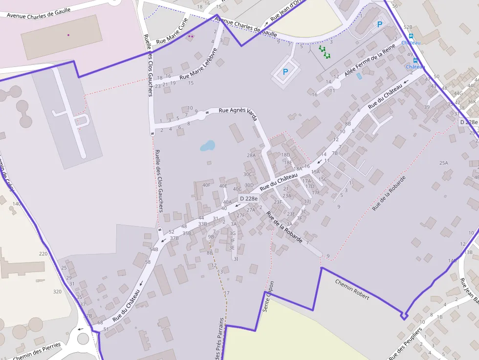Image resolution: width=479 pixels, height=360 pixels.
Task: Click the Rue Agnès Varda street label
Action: coord(238,111)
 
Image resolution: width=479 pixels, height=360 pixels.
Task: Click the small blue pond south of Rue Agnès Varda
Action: coord(207,146)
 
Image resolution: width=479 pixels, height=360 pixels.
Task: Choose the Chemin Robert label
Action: coord(352,289)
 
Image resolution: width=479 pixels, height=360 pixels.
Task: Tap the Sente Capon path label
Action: coord(268,296)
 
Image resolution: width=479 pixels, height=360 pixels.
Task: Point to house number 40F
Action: coord(207,185)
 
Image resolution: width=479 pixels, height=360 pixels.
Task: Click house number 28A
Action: coord(251,155)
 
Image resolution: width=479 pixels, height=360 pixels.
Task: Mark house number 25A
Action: coord(443,163)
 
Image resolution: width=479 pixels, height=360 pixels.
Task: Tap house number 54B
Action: coord(154,250)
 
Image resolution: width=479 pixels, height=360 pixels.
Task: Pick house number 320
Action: coord(58,291)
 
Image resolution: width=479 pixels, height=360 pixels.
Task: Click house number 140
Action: coord(17,204)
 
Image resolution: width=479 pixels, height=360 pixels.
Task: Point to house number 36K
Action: coord(471,102)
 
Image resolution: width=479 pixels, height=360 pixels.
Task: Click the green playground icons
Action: coord(325,52)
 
